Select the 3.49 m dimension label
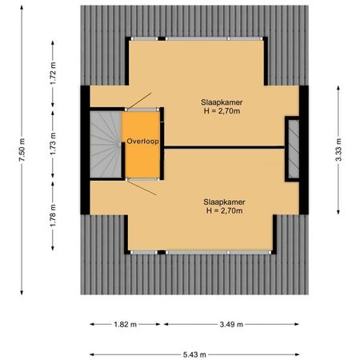[x=232, y=324]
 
